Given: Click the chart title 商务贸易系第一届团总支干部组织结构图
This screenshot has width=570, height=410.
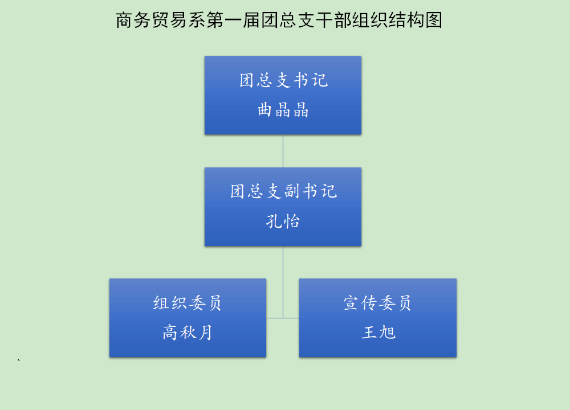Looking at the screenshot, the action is (279, 20).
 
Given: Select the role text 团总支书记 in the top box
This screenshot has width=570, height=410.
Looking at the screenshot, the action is (283, 80).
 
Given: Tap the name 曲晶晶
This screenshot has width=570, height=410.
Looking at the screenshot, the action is (283, 110).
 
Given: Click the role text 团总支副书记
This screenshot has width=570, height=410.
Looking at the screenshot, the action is (283, 191).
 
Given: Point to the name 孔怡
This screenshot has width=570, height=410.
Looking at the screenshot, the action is (283, 221).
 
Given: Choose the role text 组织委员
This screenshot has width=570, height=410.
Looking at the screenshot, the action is (187, 303).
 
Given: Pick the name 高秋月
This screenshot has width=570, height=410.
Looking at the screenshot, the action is (187, 333).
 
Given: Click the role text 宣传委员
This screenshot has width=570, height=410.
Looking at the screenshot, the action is (377, 303).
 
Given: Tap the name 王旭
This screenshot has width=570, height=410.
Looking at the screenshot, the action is (378, 333).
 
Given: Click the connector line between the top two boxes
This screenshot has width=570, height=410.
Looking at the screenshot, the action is (283, 151).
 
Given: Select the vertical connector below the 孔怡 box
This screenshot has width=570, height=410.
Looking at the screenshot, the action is (283, 282).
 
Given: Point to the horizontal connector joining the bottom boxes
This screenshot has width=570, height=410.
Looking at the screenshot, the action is (283, 318).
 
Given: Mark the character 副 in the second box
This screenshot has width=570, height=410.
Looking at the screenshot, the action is (292, 191).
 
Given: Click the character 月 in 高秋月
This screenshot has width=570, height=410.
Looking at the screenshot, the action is (205, 333).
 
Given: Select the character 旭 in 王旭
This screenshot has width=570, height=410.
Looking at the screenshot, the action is (387, 333).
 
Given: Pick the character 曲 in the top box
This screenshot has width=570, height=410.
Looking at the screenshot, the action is (265, 110).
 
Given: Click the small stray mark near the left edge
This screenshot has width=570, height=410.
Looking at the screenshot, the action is (19, 360).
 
